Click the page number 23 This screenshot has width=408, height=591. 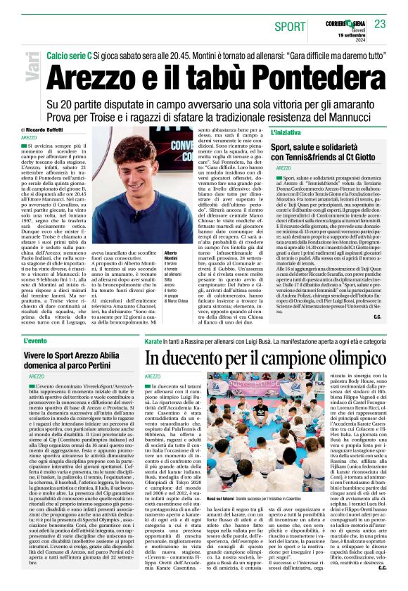coord(381,25)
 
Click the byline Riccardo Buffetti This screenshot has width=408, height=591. coord(45,130)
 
